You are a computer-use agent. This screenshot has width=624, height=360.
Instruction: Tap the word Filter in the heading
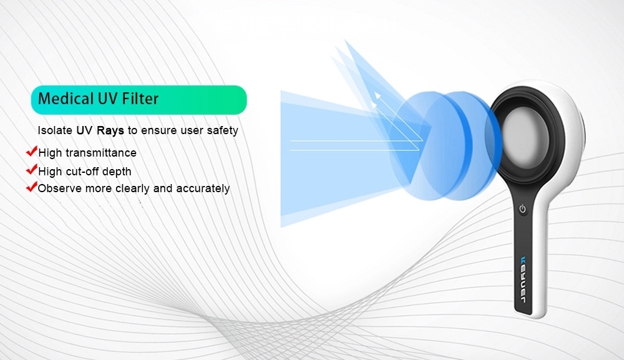click(140, 98)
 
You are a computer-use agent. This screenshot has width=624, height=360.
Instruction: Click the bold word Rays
click(110, 130)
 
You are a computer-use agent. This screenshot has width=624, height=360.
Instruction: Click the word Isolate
click(55, 130)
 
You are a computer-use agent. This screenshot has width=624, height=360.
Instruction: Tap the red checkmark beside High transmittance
click(31, 151)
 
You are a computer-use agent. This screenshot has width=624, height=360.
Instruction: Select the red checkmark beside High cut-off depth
click(31, 170)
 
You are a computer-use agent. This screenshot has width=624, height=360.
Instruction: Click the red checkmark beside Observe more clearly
click(31, 187)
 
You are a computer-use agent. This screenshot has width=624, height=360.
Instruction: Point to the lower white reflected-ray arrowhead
click(373, 104)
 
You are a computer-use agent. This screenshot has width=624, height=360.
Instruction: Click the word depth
click(117, 172)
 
